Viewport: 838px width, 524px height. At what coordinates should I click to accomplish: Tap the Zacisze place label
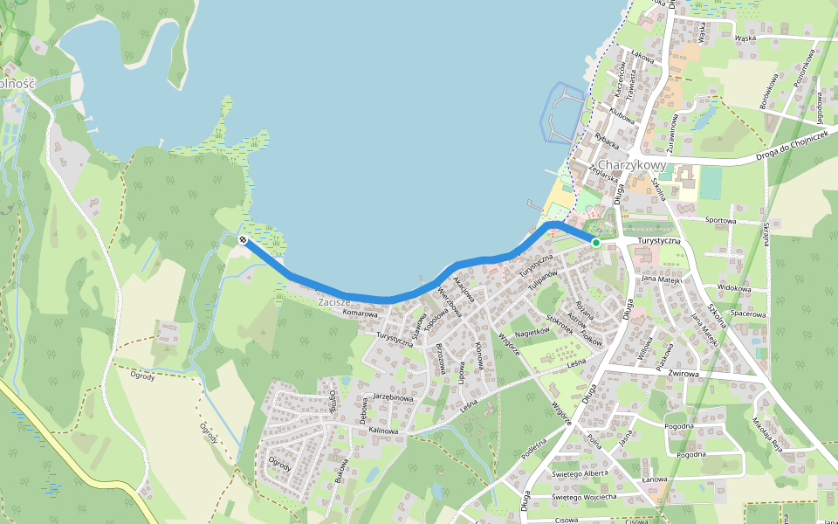[x=333, y=301]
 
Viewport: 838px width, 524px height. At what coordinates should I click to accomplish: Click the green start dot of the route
[x=595, y=242]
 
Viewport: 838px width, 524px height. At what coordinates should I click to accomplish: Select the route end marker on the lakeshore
[x=243, y=239]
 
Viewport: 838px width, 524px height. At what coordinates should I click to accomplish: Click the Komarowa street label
[x=361, y=313]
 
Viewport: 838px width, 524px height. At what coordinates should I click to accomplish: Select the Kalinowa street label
[x=383, y=431]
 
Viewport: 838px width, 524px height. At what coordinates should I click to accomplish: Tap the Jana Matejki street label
[x=661, y=279]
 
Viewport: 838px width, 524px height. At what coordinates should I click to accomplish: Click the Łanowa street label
[x=654, y=479]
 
